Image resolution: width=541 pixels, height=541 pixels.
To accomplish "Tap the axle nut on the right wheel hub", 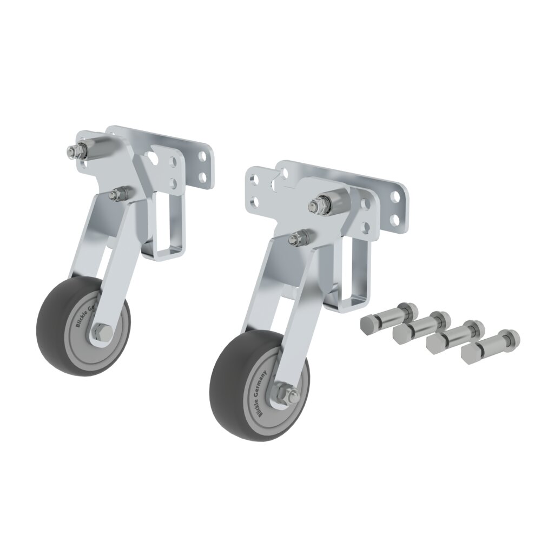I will click(285, 394).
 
